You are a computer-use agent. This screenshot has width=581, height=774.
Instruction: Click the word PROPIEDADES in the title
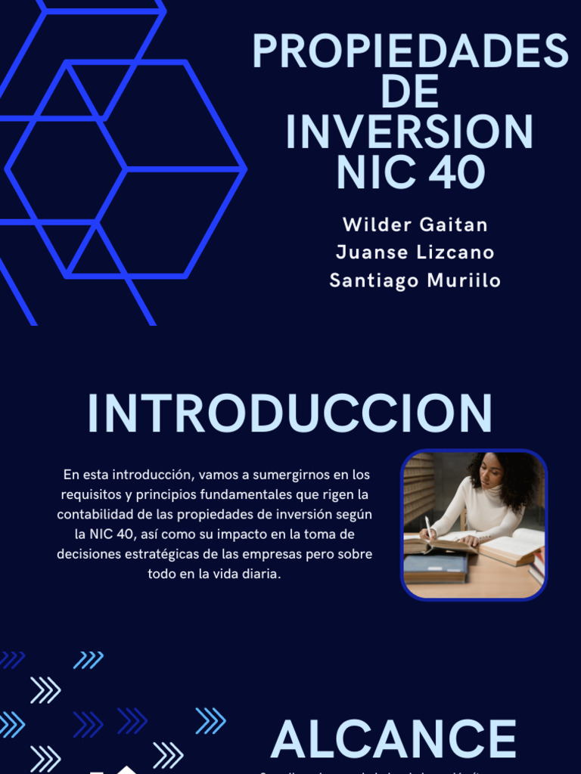pyautogui.click(x=410, y=51)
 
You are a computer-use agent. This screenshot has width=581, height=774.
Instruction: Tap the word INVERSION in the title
pyautogui.click(x=410, y=132)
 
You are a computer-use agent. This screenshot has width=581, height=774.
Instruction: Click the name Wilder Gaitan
pyautogui.click(x=415, y=224)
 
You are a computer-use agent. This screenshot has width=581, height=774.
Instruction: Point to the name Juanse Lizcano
pyautogui.click(x=415, y=252)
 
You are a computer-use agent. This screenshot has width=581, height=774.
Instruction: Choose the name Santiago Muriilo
pyautogui.click(x=415, y=280)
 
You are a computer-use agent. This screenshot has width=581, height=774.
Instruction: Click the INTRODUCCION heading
pyautogui.click(x=290, y=413)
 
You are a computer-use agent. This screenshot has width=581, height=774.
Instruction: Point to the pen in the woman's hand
pyautogui.click(x=428, y=527)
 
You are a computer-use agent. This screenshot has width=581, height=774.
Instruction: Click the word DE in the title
pyautogui.click(x=410, y=91)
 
